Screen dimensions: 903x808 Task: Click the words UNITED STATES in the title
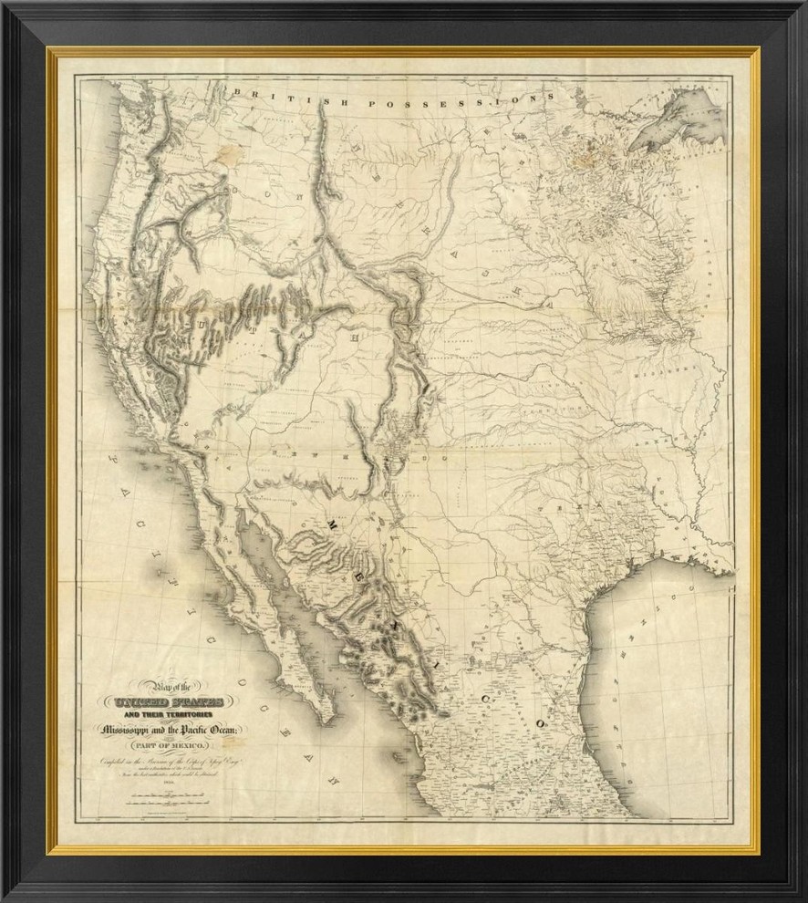[x=169, y=703]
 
